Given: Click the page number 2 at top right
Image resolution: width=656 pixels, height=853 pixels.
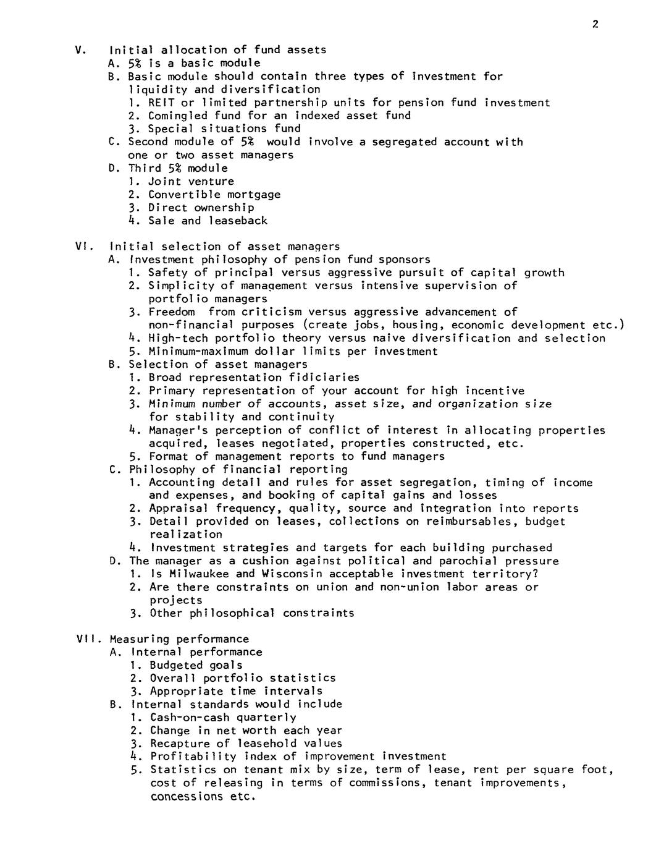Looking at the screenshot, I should coord(595,25).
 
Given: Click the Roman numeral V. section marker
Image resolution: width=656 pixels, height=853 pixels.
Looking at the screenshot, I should coord(80,50).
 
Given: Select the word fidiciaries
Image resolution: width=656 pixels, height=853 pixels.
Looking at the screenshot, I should coord(327,378).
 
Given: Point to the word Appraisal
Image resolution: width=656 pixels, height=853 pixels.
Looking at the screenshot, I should coord(178,509).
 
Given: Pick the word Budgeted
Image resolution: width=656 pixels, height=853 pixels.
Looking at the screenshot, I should coord(177,666).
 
